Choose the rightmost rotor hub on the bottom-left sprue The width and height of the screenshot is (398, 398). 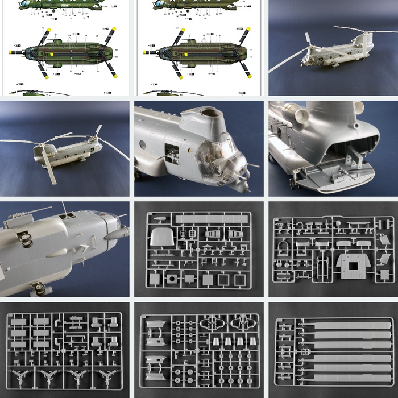(x=105, y=378)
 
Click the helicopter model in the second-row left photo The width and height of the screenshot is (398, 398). (x=63, y=151)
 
